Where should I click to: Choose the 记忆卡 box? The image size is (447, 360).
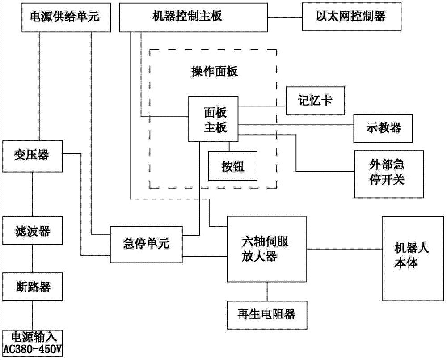pyautogui.click(x=315, y=101)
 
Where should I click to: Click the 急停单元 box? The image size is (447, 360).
pyautogui.click(x=146, y=244)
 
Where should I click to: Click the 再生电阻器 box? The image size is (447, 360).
pyautogui.click(x=266, y=315)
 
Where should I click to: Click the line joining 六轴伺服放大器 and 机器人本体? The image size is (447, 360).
pyautogui.click(x=344, y=249)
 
